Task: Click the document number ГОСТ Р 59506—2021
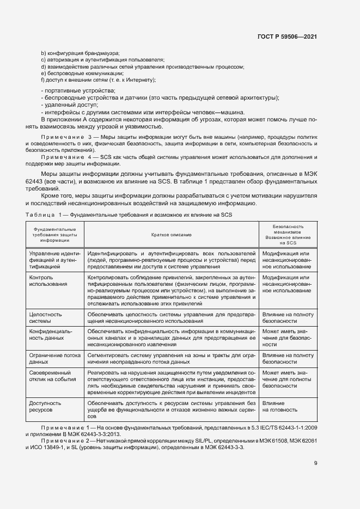click(x=287, y=36)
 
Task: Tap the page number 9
click(x=315, y=463)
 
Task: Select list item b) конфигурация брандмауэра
click(x=80, y=53)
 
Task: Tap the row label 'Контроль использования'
click(x=48, y=280)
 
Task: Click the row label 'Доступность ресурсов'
click(x=45, y=407)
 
